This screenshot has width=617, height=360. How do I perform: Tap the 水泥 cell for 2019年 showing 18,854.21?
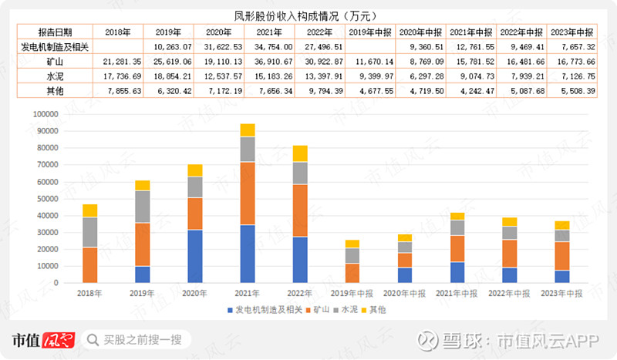coord(168,76)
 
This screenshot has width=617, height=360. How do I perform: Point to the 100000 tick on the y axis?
coord(46,114)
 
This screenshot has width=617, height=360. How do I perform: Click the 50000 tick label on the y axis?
coord(48,199)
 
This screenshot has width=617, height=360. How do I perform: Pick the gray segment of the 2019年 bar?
coord(142,207)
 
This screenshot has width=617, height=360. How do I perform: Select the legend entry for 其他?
coord(373,309)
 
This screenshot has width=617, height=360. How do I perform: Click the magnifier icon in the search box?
coord(92,340)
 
